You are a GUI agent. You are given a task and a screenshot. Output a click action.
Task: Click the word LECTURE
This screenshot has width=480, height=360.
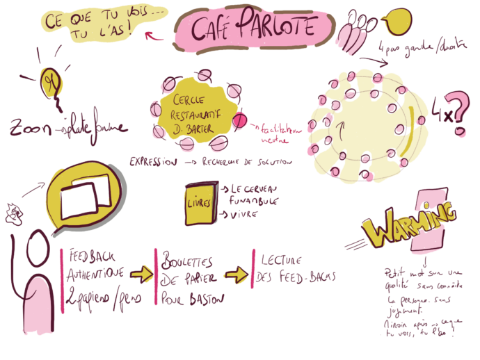click(281, 261)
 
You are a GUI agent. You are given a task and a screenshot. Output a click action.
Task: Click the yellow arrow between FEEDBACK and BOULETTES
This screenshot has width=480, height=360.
click(143, 274)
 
